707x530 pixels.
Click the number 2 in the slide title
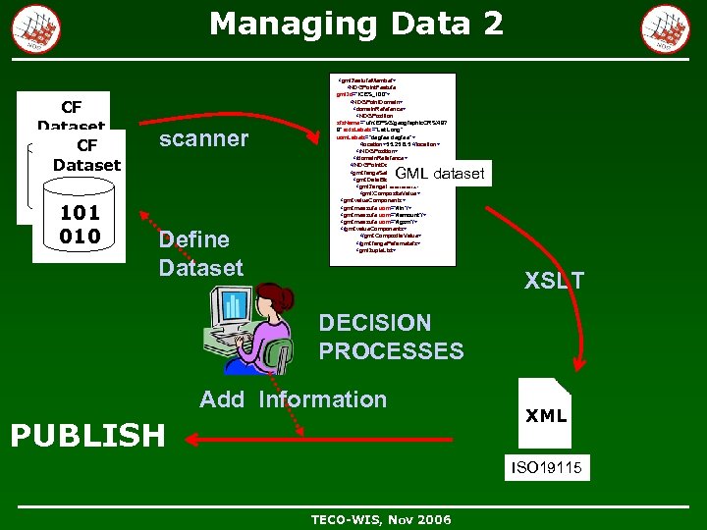click(x=492, y=24)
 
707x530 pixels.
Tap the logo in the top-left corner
click(x=36, y=27)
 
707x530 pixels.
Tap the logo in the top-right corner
click(x=666, y=27)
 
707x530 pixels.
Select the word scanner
click(x=203, y=138)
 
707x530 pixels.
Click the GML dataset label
click(x=440, y=175)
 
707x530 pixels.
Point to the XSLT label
click(x=554, y=281)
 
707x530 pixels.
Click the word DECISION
click(x=374, y=323)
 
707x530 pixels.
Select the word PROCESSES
click(x=391, y=350)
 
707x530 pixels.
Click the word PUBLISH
click(x=87, y=435)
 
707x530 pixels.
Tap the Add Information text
click(x=293, y=399)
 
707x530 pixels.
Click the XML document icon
click(x=546, y=415)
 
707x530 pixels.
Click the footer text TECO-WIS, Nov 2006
click(x=381, y=519)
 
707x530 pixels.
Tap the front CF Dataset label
click(x=86, y=155)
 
